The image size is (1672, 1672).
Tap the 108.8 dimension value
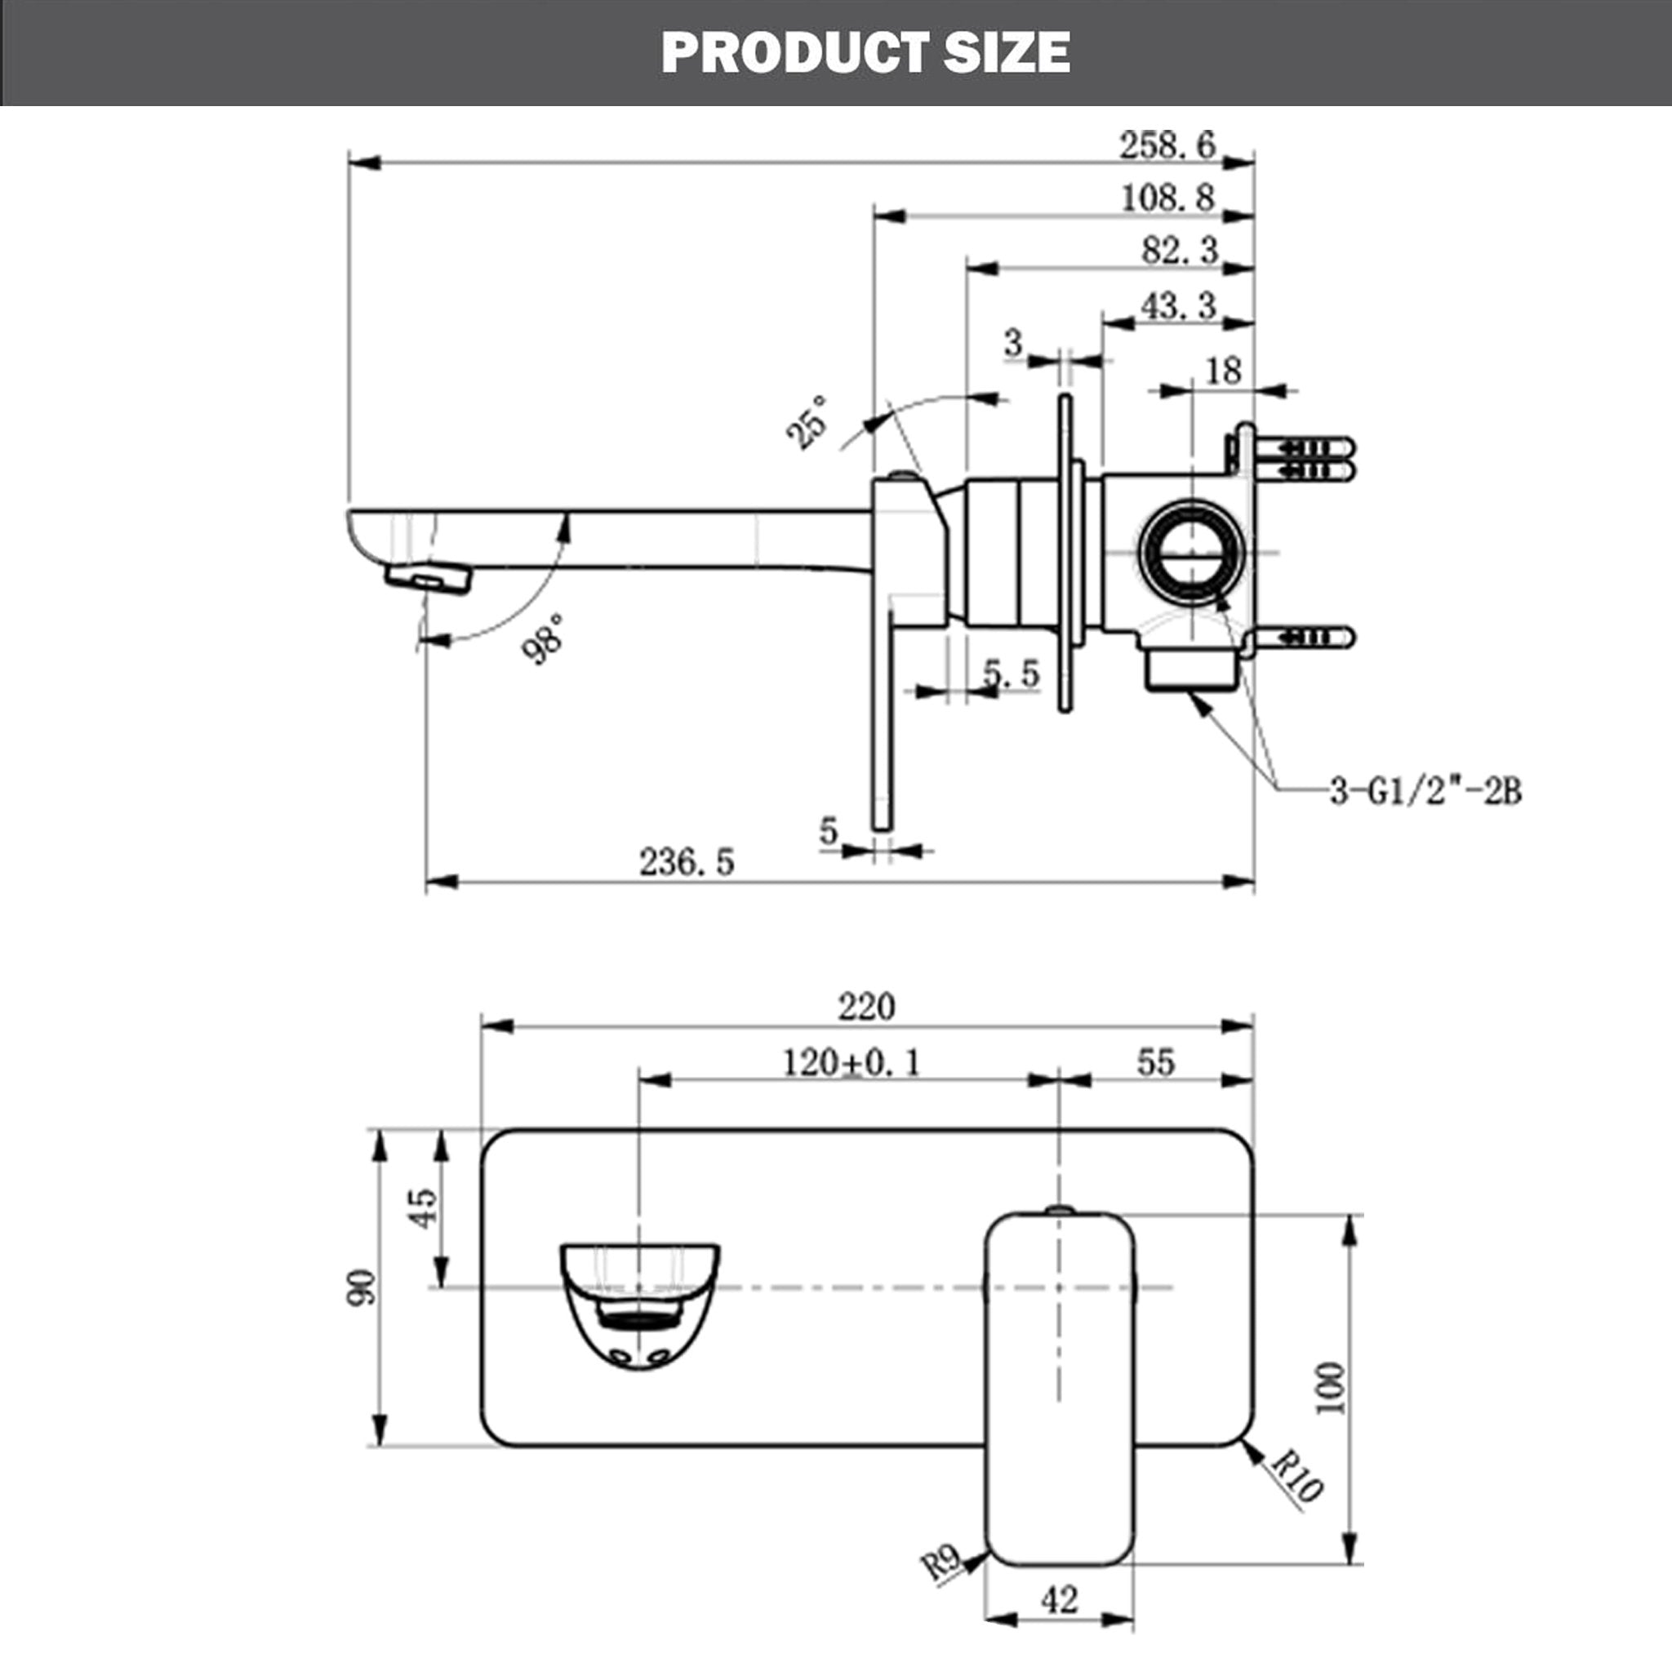tap(1167, 198)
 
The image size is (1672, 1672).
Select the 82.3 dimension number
tap(1180, 250)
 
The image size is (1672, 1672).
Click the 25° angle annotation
tap(807, 422)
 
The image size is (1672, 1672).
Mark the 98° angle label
tap(544, 638)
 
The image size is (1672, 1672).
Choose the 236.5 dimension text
tap(687, 862)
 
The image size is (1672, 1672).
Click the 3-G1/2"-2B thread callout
tap(1425, 791)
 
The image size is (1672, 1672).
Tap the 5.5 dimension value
tap(1011, 673)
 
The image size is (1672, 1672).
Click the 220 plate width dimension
tap(866, 1007)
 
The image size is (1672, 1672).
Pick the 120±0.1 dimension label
tap(852, 1063)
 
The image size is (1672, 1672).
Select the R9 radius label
tap(940, 1562)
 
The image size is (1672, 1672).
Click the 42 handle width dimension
tap(1059, 1600)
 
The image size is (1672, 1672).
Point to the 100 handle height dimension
tap(1330, 1388)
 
